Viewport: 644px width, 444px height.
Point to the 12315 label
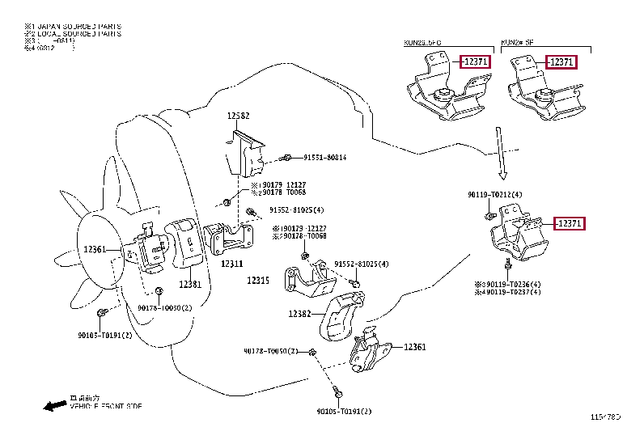pyautogui.click(x=258, y=280)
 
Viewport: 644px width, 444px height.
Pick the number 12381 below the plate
pyautogui.click(x=191, y=284)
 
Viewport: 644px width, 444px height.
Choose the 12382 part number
pyautogui.click(x=299, y=314)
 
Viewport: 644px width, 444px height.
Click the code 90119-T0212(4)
pyautogui.click(x=494, y=195)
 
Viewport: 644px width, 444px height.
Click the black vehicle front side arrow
pyautogui.click(x=55, y=405)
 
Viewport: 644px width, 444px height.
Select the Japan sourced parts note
pyautogui.click(x=73, y=27)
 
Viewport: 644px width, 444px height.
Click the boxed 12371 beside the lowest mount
pyautogui.click(x=569, y=224)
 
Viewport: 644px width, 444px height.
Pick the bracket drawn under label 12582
pyautogui.click(x=245, y=154)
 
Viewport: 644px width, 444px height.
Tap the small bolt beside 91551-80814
pyautogui.click(x=287, y=158)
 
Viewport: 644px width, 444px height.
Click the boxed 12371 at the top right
pyautogui.click(x=560, y=62)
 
